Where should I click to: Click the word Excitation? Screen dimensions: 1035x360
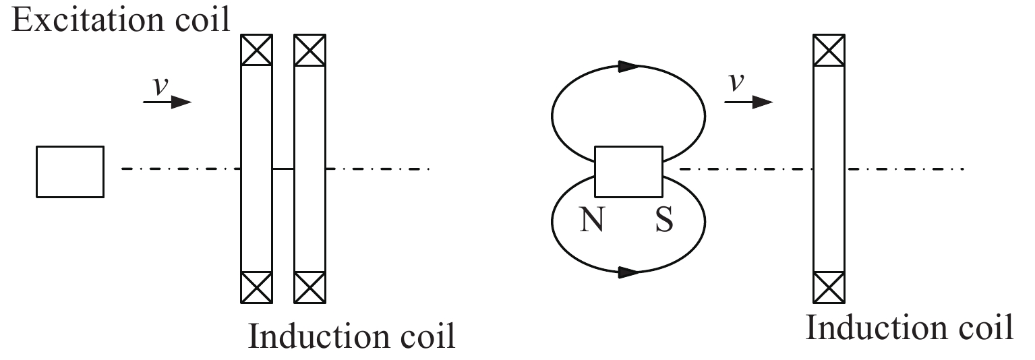pyautogui.click(x=88, y=20)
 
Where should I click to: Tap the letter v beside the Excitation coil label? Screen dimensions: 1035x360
pyautogui.click(x=160, y=86)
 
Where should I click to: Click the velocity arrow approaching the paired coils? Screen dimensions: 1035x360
pyautogui.click(x=167, y=102)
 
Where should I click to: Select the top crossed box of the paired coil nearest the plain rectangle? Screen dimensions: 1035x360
pyautogui.click(x=256, y=50)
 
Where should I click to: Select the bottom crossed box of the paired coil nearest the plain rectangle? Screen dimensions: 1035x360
pyautogui.click(x=256, y=287)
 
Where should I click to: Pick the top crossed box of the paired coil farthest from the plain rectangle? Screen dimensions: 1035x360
pyautogui.click(x=309, y=50)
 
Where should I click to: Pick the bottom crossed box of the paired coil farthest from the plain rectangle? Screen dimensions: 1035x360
pyautogui.click(x=309, y=287)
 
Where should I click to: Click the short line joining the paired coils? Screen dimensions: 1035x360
pyautogui.click(x=283, y=169)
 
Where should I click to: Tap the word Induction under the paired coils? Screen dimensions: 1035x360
pyautogui.click(x=318, y=336)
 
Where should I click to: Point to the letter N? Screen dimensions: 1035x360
pyautogui.click(x=592, y=219)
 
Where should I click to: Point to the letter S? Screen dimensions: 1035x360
pyautogui.click(x=664, y=219)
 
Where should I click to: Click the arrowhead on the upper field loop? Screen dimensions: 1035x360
pyautogui.click(x=629, y=66)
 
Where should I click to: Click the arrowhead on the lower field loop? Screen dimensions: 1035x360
pyautogui.click(x=629, y=272)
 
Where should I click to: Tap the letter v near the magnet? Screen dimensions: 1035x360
pyautogui.click(x=736, y=82)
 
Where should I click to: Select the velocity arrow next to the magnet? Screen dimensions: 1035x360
pyautogui.click(x=748, y=102)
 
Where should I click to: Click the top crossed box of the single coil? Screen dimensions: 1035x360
pyautogui.click(x=829, y=50)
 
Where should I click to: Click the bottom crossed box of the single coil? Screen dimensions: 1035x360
pyautogui.click(x=829, y=287)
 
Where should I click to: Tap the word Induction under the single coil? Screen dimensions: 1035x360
pyautogui.click(x=876, y=328)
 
